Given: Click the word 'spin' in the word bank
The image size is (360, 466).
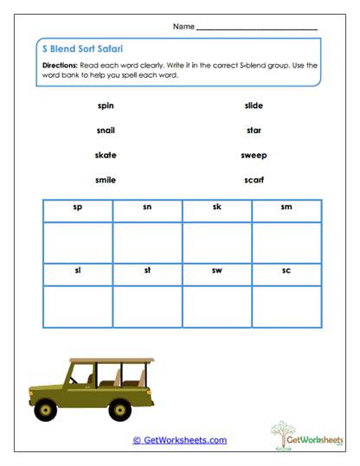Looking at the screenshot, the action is tap(106, 105).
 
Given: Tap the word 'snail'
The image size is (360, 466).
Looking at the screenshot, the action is tap(106, 131).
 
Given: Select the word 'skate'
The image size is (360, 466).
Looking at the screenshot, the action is tap(106, 156).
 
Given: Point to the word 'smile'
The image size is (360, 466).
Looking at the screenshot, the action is tap(106, 180).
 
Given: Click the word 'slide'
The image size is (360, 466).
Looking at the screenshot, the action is tap(254, 105).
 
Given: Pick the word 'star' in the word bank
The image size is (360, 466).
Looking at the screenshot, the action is tap(254, 131).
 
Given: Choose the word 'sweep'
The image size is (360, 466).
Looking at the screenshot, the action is tap(254, 156).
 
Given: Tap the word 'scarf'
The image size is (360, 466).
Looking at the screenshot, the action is tap(254, 180).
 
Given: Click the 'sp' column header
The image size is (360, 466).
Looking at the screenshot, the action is tap(78, 208).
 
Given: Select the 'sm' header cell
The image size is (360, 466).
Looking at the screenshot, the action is tap(286, 208).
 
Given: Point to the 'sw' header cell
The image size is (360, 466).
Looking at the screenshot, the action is tap(217, 271).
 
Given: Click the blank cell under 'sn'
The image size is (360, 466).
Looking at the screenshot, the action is tap(147, 241).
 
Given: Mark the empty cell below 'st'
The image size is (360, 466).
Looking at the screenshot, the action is tap(147, 305).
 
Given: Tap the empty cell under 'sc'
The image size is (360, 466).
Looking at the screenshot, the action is tap(286, 305).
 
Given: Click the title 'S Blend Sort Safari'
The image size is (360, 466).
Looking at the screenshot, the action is tap(86, 49).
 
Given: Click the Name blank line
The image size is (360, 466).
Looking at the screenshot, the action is tap(256, 28).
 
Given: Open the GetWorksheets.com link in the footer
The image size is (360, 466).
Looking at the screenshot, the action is tap(179, 440).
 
